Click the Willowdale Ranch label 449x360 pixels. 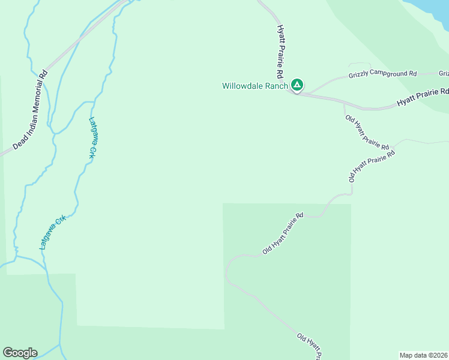pyautogui.click(x=255, y=86)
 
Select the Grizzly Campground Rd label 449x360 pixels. pyautogui.click(x=382, y=74)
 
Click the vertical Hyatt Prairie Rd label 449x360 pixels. pyautogui.click(x=280, y=52)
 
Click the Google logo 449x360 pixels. pyautogui.click(x=20, y=353)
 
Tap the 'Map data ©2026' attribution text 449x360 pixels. pyautogui.click(x=424, y=355)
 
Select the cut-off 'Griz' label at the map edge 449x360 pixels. pyautogui.click(x=444, y=74)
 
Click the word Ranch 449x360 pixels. pyautogui.click(x=277, y=86)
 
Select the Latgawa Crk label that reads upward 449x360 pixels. pyautogui.click(x=52, y=232)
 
